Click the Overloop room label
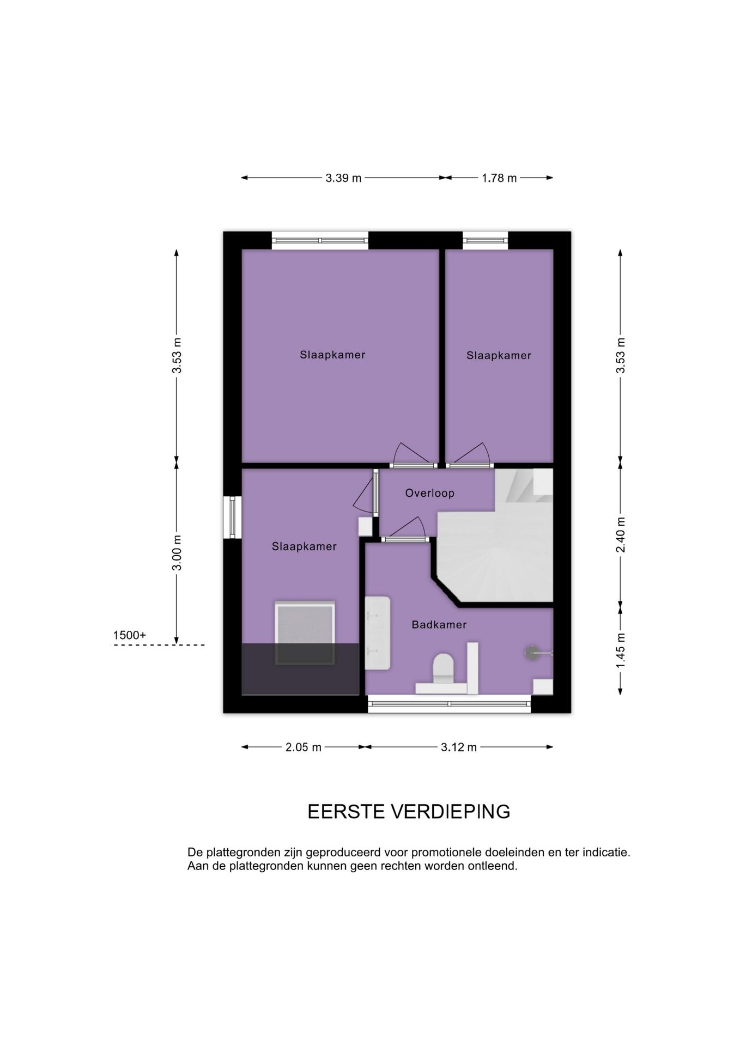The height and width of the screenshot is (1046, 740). (x=429, y=493)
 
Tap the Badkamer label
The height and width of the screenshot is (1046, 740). (x=439, y=625)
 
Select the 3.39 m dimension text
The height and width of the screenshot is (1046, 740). (x=343, y=178)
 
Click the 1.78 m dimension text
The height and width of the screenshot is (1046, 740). (x=499, y=178)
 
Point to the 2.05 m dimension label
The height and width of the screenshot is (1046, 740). (x=304, y=747)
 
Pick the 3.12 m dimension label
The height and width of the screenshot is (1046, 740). (x=459, y=747)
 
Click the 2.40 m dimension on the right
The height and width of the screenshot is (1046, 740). (x=621, y=534)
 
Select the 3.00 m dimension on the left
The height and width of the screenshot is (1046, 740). (x=177, y=552)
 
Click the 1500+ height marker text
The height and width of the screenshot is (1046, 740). (x=130, y=635)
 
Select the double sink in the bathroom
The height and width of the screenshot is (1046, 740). (x=378, y=633)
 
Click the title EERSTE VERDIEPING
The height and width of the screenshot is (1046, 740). (x=409, y=812)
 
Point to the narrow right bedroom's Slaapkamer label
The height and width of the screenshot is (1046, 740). (x=499, y=356)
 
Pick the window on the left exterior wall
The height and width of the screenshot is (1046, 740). (x=232, y=517)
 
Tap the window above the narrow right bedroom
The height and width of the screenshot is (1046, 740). (x=486, y=240)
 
